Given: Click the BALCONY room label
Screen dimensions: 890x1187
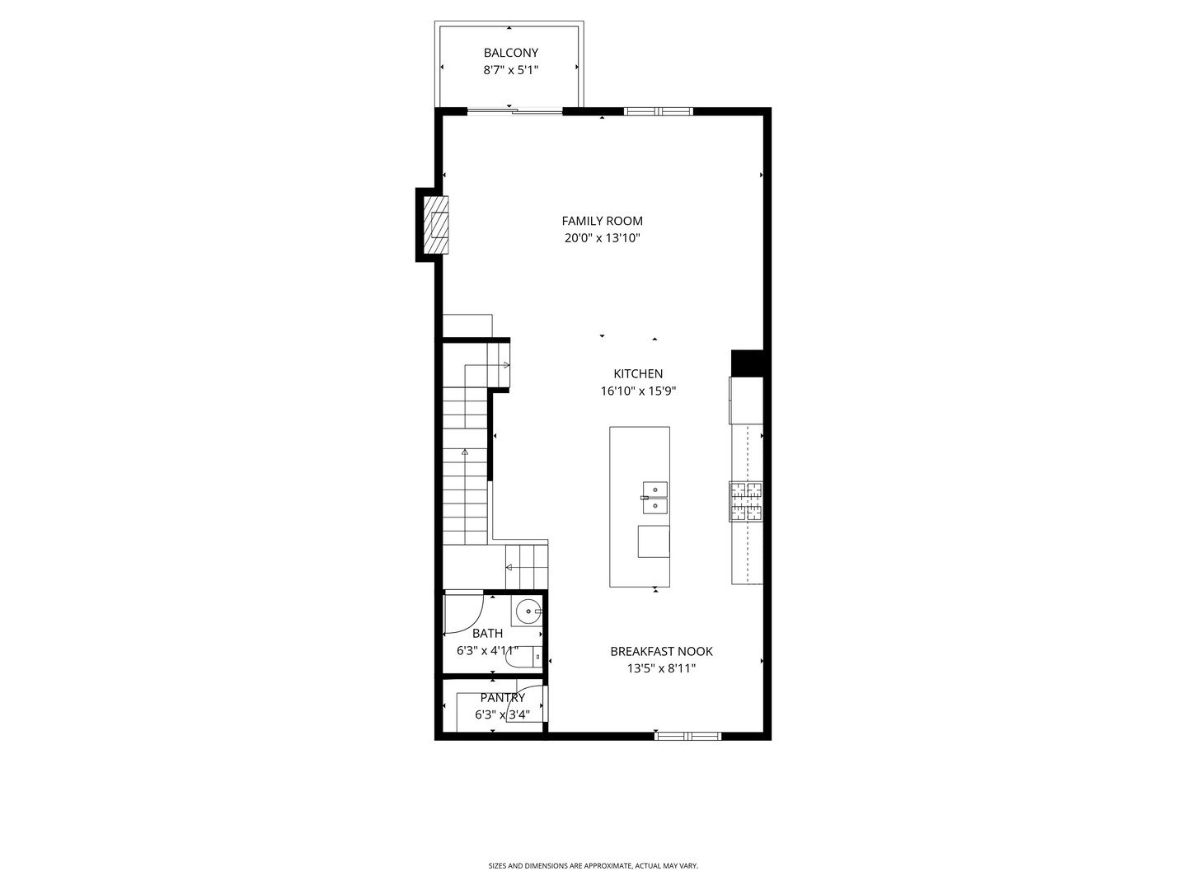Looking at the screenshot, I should [510, 53].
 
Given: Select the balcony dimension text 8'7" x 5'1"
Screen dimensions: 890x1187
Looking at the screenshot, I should [510, 71].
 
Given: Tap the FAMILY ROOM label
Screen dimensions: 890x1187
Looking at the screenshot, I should [602, 221].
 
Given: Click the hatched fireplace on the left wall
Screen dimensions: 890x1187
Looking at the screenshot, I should [435, 224].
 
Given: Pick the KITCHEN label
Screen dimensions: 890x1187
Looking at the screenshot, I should [637, 374].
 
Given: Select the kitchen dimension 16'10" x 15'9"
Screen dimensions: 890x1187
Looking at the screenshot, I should [638, 392].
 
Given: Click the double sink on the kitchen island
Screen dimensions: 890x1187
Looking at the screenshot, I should [654, 498].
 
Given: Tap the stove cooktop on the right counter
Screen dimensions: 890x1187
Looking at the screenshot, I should [746, 502].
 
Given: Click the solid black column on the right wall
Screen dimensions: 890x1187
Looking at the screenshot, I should [748, 363].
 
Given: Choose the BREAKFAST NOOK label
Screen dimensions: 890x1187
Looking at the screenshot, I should [661, 651].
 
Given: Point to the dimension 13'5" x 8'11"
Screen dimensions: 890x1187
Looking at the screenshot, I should [661, 669].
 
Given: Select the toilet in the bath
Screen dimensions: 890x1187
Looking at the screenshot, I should [523, 657].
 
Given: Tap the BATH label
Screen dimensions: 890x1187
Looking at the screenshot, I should [487, 634].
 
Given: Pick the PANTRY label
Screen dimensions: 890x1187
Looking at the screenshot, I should [502, 698].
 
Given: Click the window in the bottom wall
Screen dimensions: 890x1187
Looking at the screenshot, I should [687, 736].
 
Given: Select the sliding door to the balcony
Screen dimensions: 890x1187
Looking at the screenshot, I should [515, 110].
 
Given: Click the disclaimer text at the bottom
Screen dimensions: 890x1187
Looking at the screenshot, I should [593, 866].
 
